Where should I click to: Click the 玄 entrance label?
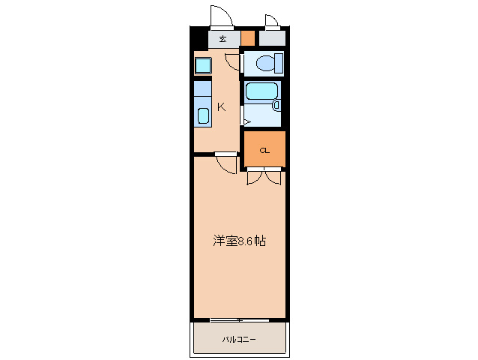point(223,38)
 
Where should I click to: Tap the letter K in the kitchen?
point(221,106)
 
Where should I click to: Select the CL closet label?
point(264,151)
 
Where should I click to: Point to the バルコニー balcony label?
point(239,340)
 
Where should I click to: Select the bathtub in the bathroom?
point(262,91)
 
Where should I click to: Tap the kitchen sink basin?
point(203,115)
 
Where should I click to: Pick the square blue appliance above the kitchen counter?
point(203,66)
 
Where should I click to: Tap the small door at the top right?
point(272,22)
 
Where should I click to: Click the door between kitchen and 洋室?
point(226,162)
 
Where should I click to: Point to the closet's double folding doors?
point(264,177)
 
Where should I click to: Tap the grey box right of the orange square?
point(272,38)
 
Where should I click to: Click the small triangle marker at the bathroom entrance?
point(246,121)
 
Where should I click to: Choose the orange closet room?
point(264,149)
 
